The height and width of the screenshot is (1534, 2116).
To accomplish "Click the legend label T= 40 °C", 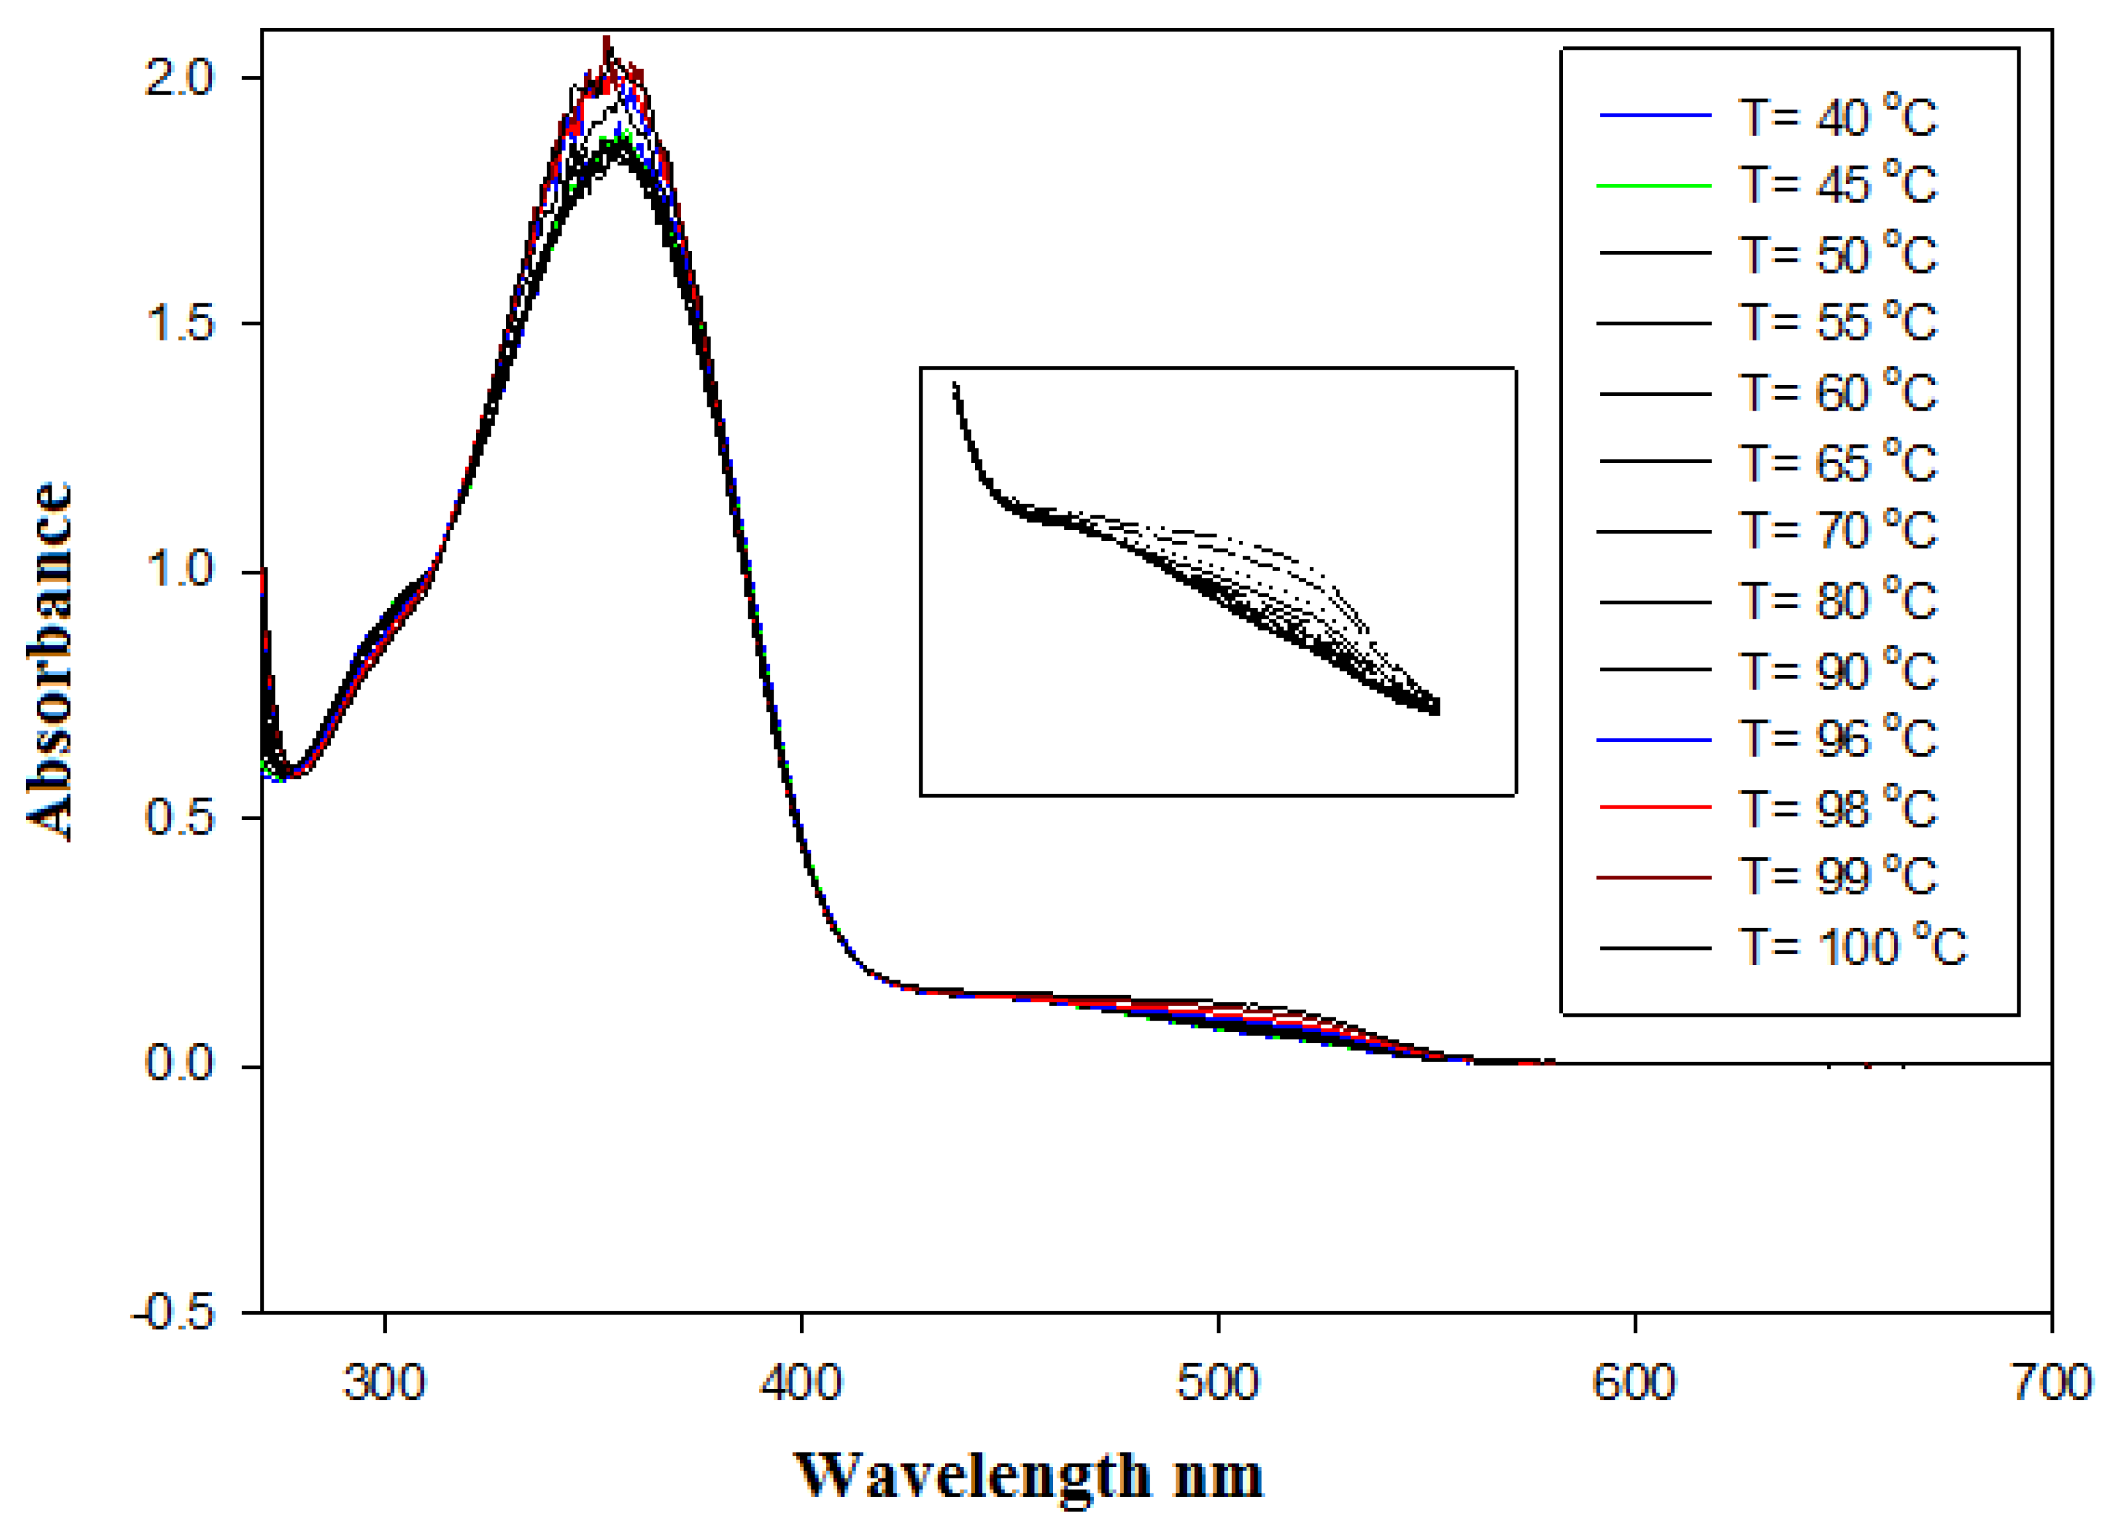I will tap(1836, 117).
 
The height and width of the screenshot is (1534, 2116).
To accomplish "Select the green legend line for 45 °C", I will tap(1654, 185).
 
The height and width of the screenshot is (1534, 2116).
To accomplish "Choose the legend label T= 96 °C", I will tap(1836, 739).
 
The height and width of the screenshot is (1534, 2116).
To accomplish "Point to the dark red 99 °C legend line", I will tap(1654, 877).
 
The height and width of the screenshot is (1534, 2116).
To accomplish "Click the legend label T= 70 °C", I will tap(1836, 531).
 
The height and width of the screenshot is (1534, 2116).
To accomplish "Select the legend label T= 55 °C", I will tap(1836, 323).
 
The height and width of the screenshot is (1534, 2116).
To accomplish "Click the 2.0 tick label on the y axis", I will tap(179, 78).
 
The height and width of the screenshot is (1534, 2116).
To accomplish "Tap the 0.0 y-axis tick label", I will tap(179, 1063).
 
